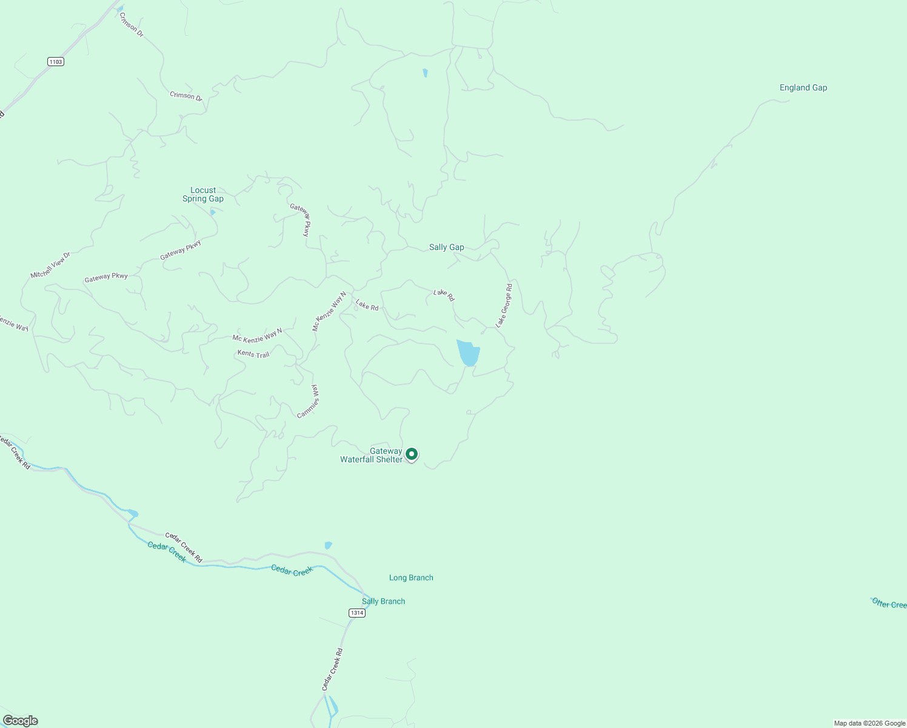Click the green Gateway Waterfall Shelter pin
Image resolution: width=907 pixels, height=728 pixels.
[412, 454]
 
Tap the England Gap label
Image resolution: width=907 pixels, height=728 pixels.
[803, 87]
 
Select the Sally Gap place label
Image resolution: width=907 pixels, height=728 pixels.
[446, 247]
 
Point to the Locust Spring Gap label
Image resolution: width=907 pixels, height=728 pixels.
[203, 194]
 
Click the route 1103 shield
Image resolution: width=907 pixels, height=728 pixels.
[56, 62]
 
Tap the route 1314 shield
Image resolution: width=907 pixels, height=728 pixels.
[357, 613]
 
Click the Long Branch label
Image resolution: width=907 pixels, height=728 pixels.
[411, 578]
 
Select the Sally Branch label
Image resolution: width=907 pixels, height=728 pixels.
[383, 601]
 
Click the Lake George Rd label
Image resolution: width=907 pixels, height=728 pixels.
[504, 305]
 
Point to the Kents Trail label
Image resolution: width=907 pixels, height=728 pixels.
[253, 354]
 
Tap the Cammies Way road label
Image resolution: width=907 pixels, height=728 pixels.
[309, 402]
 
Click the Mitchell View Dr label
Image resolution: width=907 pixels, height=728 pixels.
[50, 265]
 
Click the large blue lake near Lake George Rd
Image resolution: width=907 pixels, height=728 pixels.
[468, 352]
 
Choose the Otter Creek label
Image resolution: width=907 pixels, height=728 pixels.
[889, 604]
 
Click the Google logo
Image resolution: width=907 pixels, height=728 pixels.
[20, 721]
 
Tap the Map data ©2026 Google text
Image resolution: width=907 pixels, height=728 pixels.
[869, 723]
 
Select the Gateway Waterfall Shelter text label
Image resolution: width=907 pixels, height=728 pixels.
[371, 455]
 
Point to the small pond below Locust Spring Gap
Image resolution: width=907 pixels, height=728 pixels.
[212, 212]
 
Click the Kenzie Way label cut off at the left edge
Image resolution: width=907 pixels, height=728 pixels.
[13, 323]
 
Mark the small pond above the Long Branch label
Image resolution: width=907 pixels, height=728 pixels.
[328, 545]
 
